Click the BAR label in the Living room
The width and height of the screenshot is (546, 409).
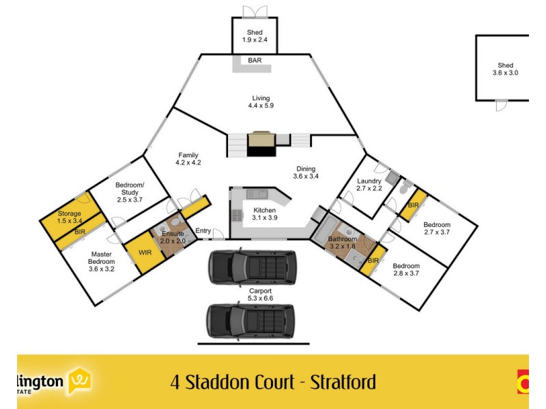(x=255, y=61)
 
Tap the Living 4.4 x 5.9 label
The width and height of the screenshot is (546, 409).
(x=261, y=102)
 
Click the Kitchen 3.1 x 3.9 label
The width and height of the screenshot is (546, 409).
(x=264, y=213)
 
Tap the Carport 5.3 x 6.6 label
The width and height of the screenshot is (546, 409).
(x=260, y=294)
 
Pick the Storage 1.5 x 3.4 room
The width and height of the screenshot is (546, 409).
(x=69, y=217)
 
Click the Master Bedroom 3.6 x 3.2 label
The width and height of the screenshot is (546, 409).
(x=101, y=258)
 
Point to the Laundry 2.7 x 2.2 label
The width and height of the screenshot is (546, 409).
(x=369, y=184)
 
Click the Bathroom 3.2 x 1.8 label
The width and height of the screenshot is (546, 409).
(x=342, y=243)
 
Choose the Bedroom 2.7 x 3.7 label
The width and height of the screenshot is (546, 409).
(x=437, y=228)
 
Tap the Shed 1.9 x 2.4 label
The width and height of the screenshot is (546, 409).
(x=255, y=37)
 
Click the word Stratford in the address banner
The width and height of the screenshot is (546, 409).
(x=343, y=382)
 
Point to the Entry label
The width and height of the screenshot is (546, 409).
(x=203, y=231)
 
